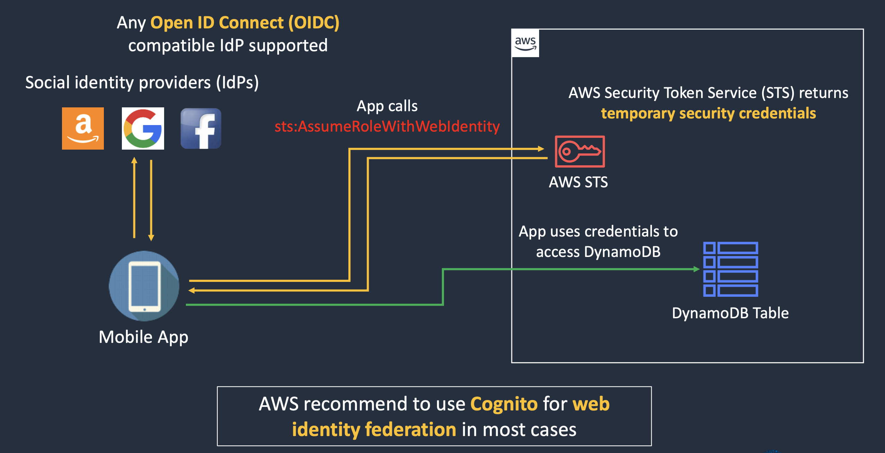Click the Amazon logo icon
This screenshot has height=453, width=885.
click(x=83, y=128)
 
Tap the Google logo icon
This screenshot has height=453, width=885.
click(x=143, y=128)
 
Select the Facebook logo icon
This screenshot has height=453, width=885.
click(x=201, y=128)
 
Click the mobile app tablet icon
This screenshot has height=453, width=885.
click(x=144, y=286)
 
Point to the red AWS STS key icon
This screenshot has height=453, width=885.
click(x=580, y=151)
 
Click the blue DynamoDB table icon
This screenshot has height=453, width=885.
click(x=731, y=269)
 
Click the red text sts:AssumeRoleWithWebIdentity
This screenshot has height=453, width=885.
click(x=387, y=126)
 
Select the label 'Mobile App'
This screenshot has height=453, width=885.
click(x=143, y=337)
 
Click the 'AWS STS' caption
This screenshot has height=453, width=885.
click(x=578, y=182)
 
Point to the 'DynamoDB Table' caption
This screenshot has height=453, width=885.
click(x=730, y=313)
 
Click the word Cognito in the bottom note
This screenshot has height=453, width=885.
click(x=504, y=404)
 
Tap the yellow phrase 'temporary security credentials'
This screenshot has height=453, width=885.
click(x=708, y=113)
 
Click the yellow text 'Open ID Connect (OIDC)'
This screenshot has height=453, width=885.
click(x=245, y=23)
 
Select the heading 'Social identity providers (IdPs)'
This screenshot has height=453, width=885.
click(x=142, y=82)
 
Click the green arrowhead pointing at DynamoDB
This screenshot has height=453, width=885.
click(x=697, y=269)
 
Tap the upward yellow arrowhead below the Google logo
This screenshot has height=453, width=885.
click(x=134, y=160)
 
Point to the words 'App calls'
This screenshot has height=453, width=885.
click(x=387, y=106)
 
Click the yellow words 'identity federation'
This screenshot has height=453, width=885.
click(x=374, y=429)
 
